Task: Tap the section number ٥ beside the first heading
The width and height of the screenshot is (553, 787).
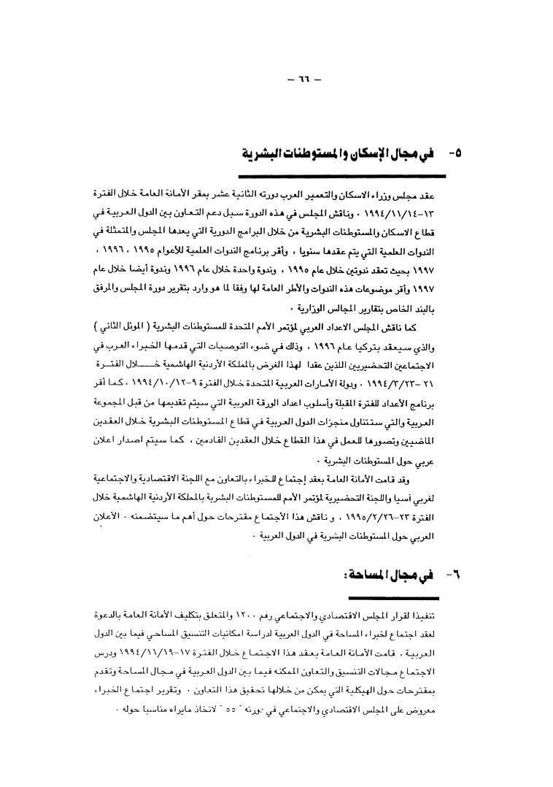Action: tap(453, 154)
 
